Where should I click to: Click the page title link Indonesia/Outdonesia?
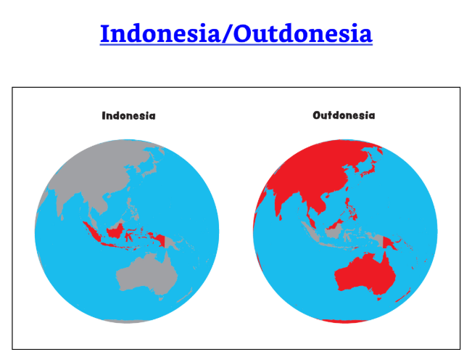coord(236,33)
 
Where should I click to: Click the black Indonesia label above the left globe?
coord(128,115)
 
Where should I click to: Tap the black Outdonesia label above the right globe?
coord(344,115)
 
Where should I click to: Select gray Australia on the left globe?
coord(147,275)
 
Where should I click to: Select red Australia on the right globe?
coord(365,275)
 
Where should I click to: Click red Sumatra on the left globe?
coord(92,232)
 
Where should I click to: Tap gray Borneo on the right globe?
coord(334,232)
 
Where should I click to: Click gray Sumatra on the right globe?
coord(310,232)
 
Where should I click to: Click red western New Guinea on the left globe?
coord(160,240)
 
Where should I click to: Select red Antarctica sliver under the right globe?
coord(344,321)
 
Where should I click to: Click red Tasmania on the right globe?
coord(379,298)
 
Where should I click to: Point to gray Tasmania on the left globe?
coord(161,298)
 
